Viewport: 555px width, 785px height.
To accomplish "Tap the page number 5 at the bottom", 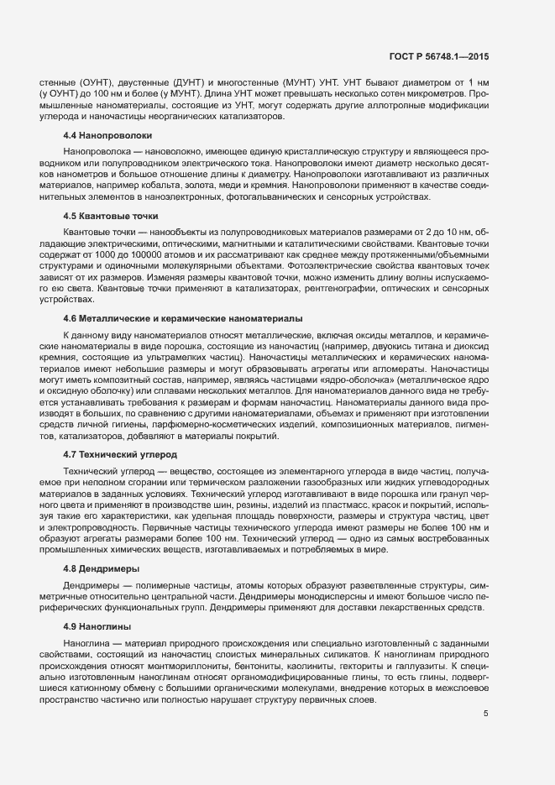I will pyautogui.click(x=485, y=714).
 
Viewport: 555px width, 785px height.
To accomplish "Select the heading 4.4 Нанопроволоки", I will pyautogui.click(x=107, y=135).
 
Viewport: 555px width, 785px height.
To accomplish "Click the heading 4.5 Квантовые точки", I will pyautogui.click(x=111, y=216).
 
